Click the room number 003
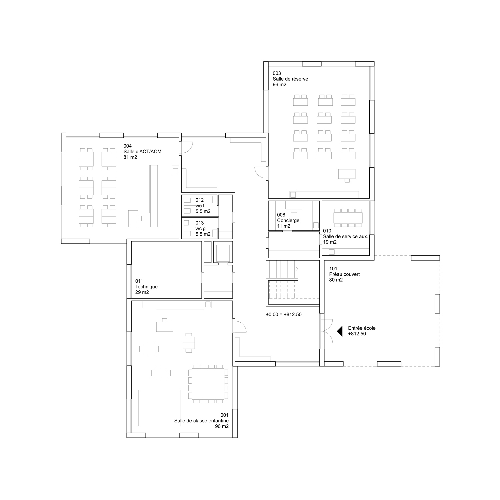[x=277, y=73]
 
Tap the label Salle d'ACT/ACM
[x=142, y=152]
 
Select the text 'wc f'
[x=200, y=206]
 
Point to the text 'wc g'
[x=200, y=229]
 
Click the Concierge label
[x=288, y=221]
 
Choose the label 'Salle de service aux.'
[x=345, y=237]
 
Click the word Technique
[x=146, y=287]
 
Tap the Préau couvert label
[x=344, y=274]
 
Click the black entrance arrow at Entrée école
[x=340, y=331]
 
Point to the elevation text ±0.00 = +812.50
[x=284, y=314]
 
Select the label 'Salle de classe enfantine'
[x=201, y=421]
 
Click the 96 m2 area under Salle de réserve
[x=279, y=85]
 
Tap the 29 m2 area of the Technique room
[x=142, y=292]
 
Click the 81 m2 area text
[x=130, y=157]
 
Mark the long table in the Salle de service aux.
[x=348, y=218]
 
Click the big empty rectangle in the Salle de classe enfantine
[x=159, y=408]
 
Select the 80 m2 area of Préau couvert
[x=336, y=280]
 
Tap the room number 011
[x=139, y=281]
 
